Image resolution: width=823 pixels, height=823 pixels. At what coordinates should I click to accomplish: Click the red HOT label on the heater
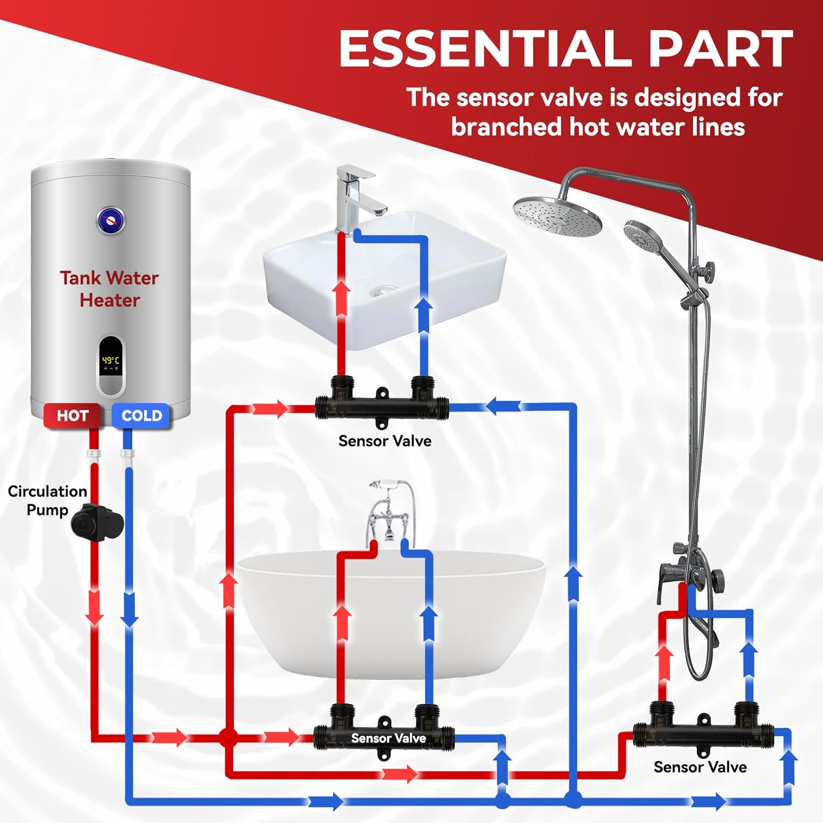click(x=72, y=416)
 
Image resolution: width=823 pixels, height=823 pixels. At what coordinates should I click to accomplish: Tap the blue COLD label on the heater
click(x=142, y=416)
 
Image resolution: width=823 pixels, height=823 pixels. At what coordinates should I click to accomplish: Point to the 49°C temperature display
click(x=110, y=361)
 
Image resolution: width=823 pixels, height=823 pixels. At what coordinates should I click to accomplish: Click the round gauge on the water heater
click(x=111, y=221)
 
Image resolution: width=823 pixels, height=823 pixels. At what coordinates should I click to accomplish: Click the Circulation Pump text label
click(x=47, y=500)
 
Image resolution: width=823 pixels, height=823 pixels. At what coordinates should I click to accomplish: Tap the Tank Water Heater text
click(x=109, y=289)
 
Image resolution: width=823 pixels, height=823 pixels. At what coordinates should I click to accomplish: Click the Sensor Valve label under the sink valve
click(x=385, y=441)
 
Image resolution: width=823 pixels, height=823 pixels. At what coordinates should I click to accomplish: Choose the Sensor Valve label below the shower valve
click(x=700, y=766)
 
